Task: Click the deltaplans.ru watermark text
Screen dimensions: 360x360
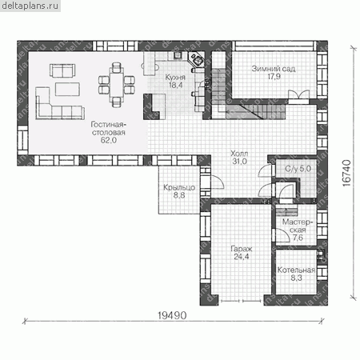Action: click(x=30, y=6)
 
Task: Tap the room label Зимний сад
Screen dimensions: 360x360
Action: click(x=274, y=69)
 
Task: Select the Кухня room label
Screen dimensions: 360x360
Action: click(x=175, y=78)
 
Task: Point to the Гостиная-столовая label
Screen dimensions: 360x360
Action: click(x=109, y=129)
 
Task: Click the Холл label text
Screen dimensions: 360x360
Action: click(x=239, y=154)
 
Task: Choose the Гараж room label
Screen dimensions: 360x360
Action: click(x=242, y=249)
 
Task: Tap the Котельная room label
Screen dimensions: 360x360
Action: click(x=296, y=270)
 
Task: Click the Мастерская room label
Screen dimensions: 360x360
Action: click(x=298, y=226)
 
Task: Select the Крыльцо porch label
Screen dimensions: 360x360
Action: click(x=179, y=187)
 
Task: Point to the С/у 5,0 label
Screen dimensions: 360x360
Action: click(x=298, y=169)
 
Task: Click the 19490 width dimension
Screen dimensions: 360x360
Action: click(x=172, y=315)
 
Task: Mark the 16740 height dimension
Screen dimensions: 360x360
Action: click(x=346, y=173)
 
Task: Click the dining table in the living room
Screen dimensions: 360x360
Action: click(x=116, y=85)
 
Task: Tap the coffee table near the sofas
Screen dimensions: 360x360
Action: click(x=67, y=89)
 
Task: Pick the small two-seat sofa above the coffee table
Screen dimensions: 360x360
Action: click(x=62, y=70)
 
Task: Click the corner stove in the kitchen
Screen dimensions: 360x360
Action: click(x=196, y=59)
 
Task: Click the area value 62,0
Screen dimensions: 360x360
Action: click(x=109, y=140)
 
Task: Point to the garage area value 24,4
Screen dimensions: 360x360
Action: click(x=242, y=257)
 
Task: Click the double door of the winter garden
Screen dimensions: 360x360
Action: click(x=298, y=96)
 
